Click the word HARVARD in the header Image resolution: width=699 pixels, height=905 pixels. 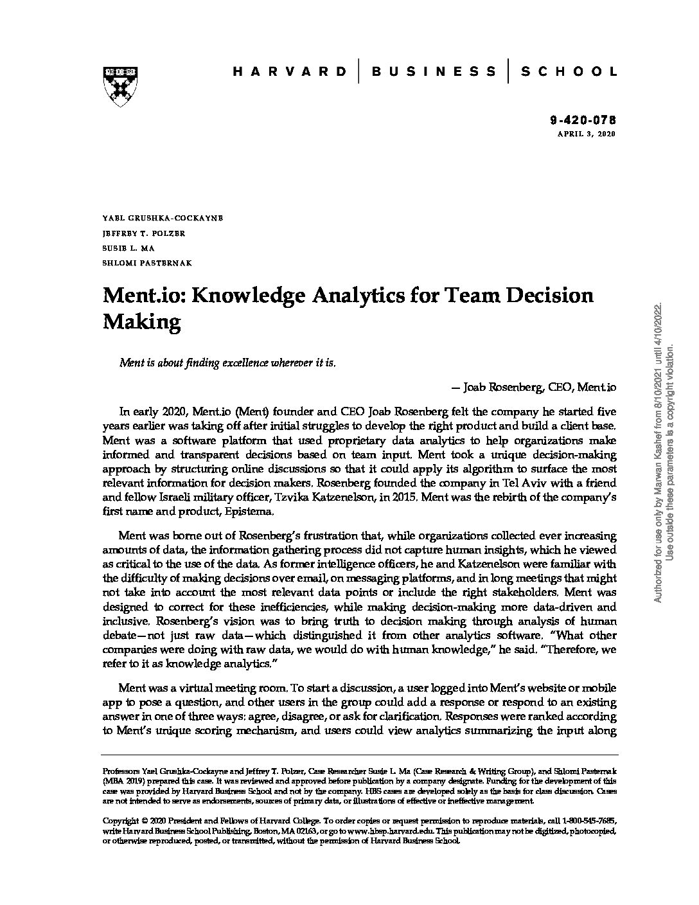coord(289,71)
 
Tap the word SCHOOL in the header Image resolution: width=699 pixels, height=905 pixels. coord(568,71)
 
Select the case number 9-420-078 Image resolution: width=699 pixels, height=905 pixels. coord(583,120)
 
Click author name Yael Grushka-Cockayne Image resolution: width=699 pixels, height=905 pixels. coord(163,218)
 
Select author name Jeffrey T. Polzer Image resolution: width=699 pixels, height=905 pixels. coord(144,233)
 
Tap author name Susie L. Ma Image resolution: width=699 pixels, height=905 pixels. coord(128,247)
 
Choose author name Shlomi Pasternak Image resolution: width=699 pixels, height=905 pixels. coord(147,262)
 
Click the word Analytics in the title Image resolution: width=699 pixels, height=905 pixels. coord(357,295)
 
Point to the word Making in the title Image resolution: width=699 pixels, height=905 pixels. coord(142,321)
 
